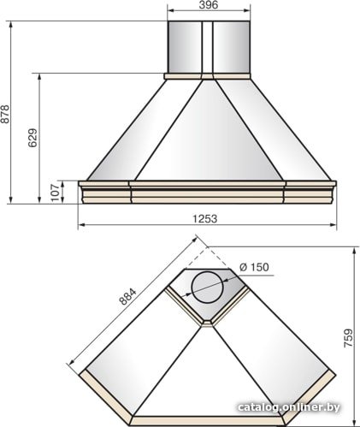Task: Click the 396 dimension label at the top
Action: pyautogui.click(x=209, y=5)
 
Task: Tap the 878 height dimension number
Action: pyautogui.click(x=5, y=114)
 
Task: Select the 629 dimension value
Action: pyautogui.click(x=32, y=138)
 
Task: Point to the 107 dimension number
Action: pyautogui.click(x=55, y=193)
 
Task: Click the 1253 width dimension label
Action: pyautogui.click(x=205, y=219)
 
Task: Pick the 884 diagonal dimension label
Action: pyautogui.click(x=127, y=297)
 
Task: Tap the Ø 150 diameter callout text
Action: pyautogui.click(x=254, y=267)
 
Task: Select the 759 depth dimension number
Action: pyautogui.click(x=348, y=338)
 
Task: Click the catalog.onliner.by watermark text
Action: pyautogui.click(x=288, y=407)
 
